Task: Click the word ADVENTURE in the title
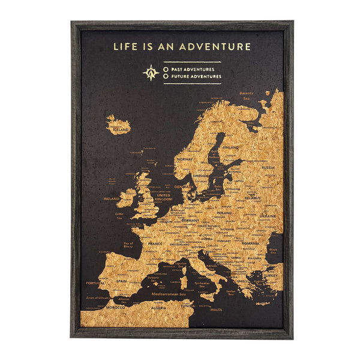(x=217, y=46)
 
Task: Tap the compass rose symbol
(x=151, y=73)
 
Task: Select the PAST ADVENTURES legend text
(x=192, y=70)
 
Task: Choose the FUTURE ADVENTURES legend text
(x=196, y=77)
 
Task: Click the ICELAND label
(x=120, y=129)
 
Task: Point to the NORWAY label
(x=185, y=160)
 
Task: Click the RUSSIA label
(x=268, y=167)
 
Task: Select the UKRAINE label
(x=268, y=215)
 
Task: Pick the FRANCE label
(x=155, y=244)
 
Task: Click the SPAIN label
(x=122, y=280)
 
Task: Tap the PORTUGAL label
(x=95, y=283)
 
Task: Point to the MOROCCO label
(x=115, y=308)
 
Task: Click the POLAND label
(x=224, y=212)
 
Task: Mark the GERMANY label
(x=190, y=220)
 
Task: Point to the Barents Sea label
(x=246, y=95)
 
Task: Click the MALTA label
(x=216, y=310)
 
